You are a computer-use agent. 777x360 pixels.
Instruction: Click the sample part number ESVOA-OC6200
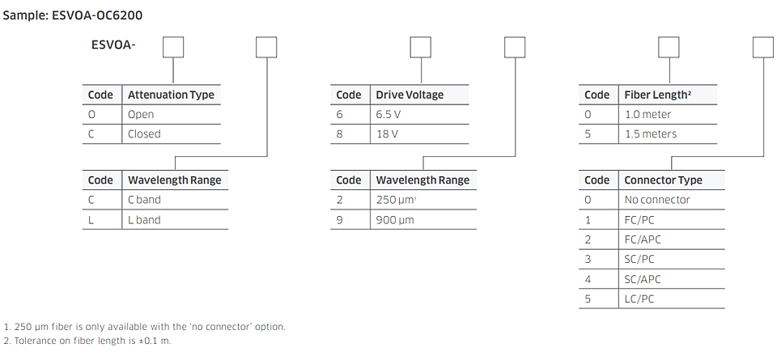coord(97,15)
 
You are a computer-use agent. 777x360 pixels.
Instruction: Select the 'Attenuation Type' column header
coord(171,95)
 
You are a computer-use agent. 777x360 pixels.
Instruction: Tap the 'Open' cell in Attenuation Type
coord(141,114)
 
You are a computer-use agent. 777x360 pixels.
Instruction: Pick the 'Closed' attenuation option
coord(144,133)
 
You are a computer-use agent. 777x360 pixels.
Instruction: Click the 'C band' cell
coord(144,200)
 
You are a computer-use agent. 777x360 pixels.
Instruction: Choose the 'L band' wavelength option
coord(144,219)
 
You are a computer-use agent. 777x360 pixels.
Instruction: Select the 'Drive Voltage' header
coord(410,95)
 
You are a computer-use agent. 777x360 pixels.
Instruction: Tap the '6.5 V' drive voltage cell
coord(388,114)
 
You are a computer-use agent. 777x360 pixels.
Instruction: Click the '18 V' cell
coord(387,133)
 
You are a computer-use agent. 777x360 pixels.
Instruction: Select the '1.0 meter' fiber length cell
coord(647,114)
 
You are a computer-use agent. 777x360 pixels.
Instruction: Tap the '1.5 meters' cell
coord(650,133)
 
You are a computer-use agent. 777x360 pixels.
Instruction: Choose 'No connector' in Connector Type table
coord(657,200)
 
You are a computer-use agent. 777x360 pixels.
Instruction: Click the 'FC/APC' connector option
coord(643,239)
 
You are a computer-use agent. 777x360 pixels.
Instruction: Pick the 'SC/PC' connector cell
coord(639,259)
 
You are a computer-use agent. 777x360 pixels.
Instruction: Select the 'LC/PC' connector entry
coord(639,299)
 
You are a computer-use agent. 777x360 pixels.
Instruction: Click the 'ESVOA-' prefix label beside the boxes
coord(113,44)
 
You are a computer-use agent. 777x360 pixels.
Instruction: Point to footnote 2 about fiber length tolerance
coord(87,341)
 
